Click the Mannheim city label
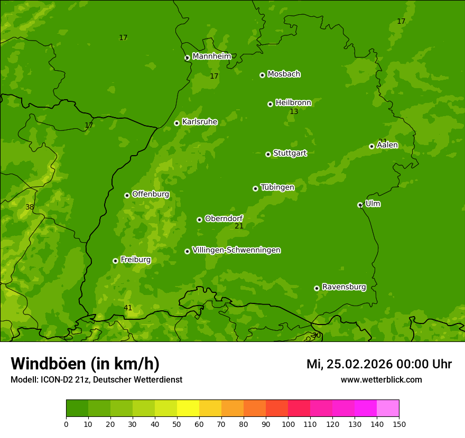211,56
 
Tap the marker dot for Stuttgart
268,154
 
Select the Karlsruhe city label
199,122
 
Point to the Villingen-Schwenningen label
236,250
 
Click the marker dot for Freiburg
115,261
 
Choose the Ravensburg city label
343,287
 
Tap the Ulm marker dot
360,205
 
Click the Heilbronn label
293,103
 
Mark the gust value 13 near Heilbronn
294,112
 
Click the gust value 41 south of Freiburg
128,308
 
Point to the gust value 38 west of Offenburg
30,207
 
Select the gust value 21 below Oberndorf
239,226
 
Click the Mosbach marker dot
262,75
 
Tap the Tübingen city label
277,187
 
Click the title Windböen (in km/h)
85,364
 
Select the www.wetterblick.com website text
381,379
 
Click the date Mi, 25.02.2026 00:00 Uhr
379,364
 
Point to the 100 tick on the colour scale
288,424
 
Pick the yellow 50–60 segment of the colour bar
188,408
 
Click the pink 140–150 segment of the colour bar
388,408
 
